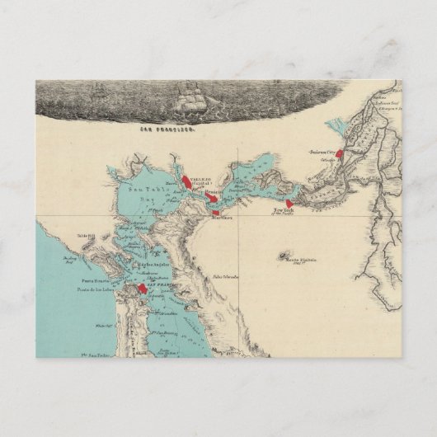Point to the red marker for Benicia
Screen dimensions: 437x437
click(x=213, y=200)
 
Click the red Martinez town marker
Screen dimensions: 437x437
click(x=216, y=212)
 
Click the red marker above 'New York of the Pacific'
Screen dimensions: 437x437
click(x=289, y=204)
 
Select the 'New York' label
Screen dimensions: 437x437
click(x=284, y=211)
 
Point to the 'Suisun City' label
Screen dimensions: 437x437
click(x=324, y=153)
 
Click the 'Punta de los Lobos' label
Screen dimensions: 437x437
click(x=98, y=289)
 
